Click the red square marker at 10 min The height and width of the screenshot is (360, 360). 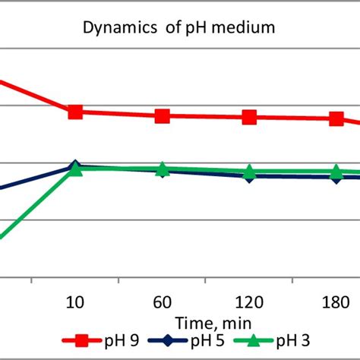75,112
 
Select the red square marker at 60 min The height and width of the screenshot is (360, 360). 162,115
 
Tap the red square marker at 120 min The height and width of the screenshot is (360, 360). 249,117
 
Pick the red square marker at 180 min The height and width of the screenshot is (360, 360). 336,118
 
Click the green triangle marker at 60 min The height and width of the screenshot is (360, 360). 162,169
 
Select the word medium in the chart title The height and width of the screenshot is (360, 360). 248,30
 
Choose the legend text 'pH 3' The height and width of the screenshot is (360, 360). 292,342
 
